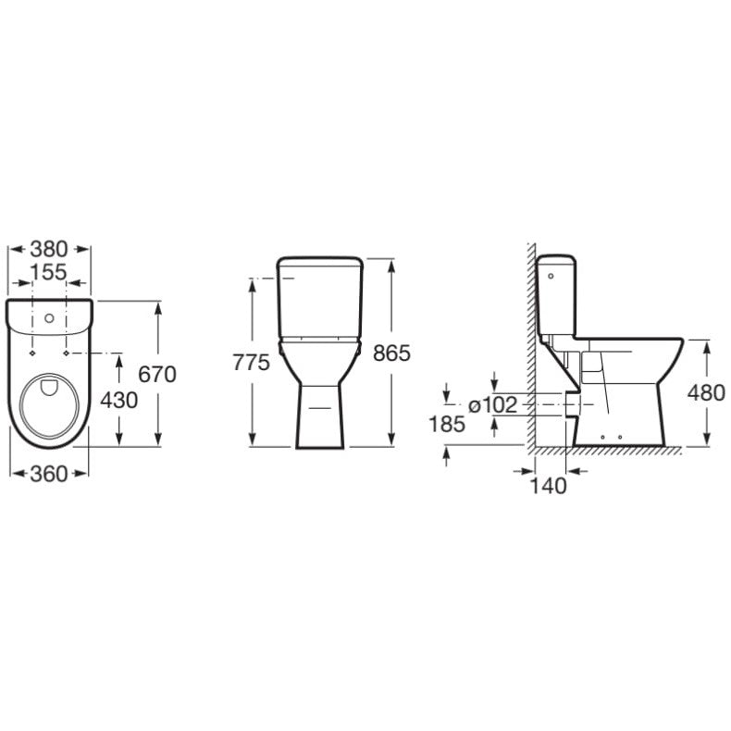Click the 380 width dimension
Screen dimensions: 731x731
pyautogui.click(x=49, y=250)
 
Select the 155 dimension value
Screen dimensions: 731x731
pyautogui.click(x=49, y=272)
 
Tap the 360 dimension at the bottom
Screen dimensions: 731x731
pyautogui.click(x=49, y=474)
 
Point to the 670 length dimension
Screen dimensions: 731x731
pyautogui.click(x=157, y=375)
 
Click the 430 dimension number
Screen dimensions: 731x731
pyautogui.click(x=119, y=400)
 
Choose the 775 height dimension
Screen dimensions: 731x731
pyautogui.click(x=252, y=362)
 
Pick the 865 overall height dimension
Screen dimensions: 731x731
pyautogui.click(x=391, y=353)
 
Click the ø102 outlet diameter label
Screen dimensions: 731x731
pyautogui.click(x=493, y=405)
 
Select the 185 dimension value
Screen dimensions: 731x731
pyautogui.click(x=447, y=424)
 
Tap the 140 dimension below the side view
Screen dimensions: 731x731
pyautogui.click(x=548, y=486)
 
